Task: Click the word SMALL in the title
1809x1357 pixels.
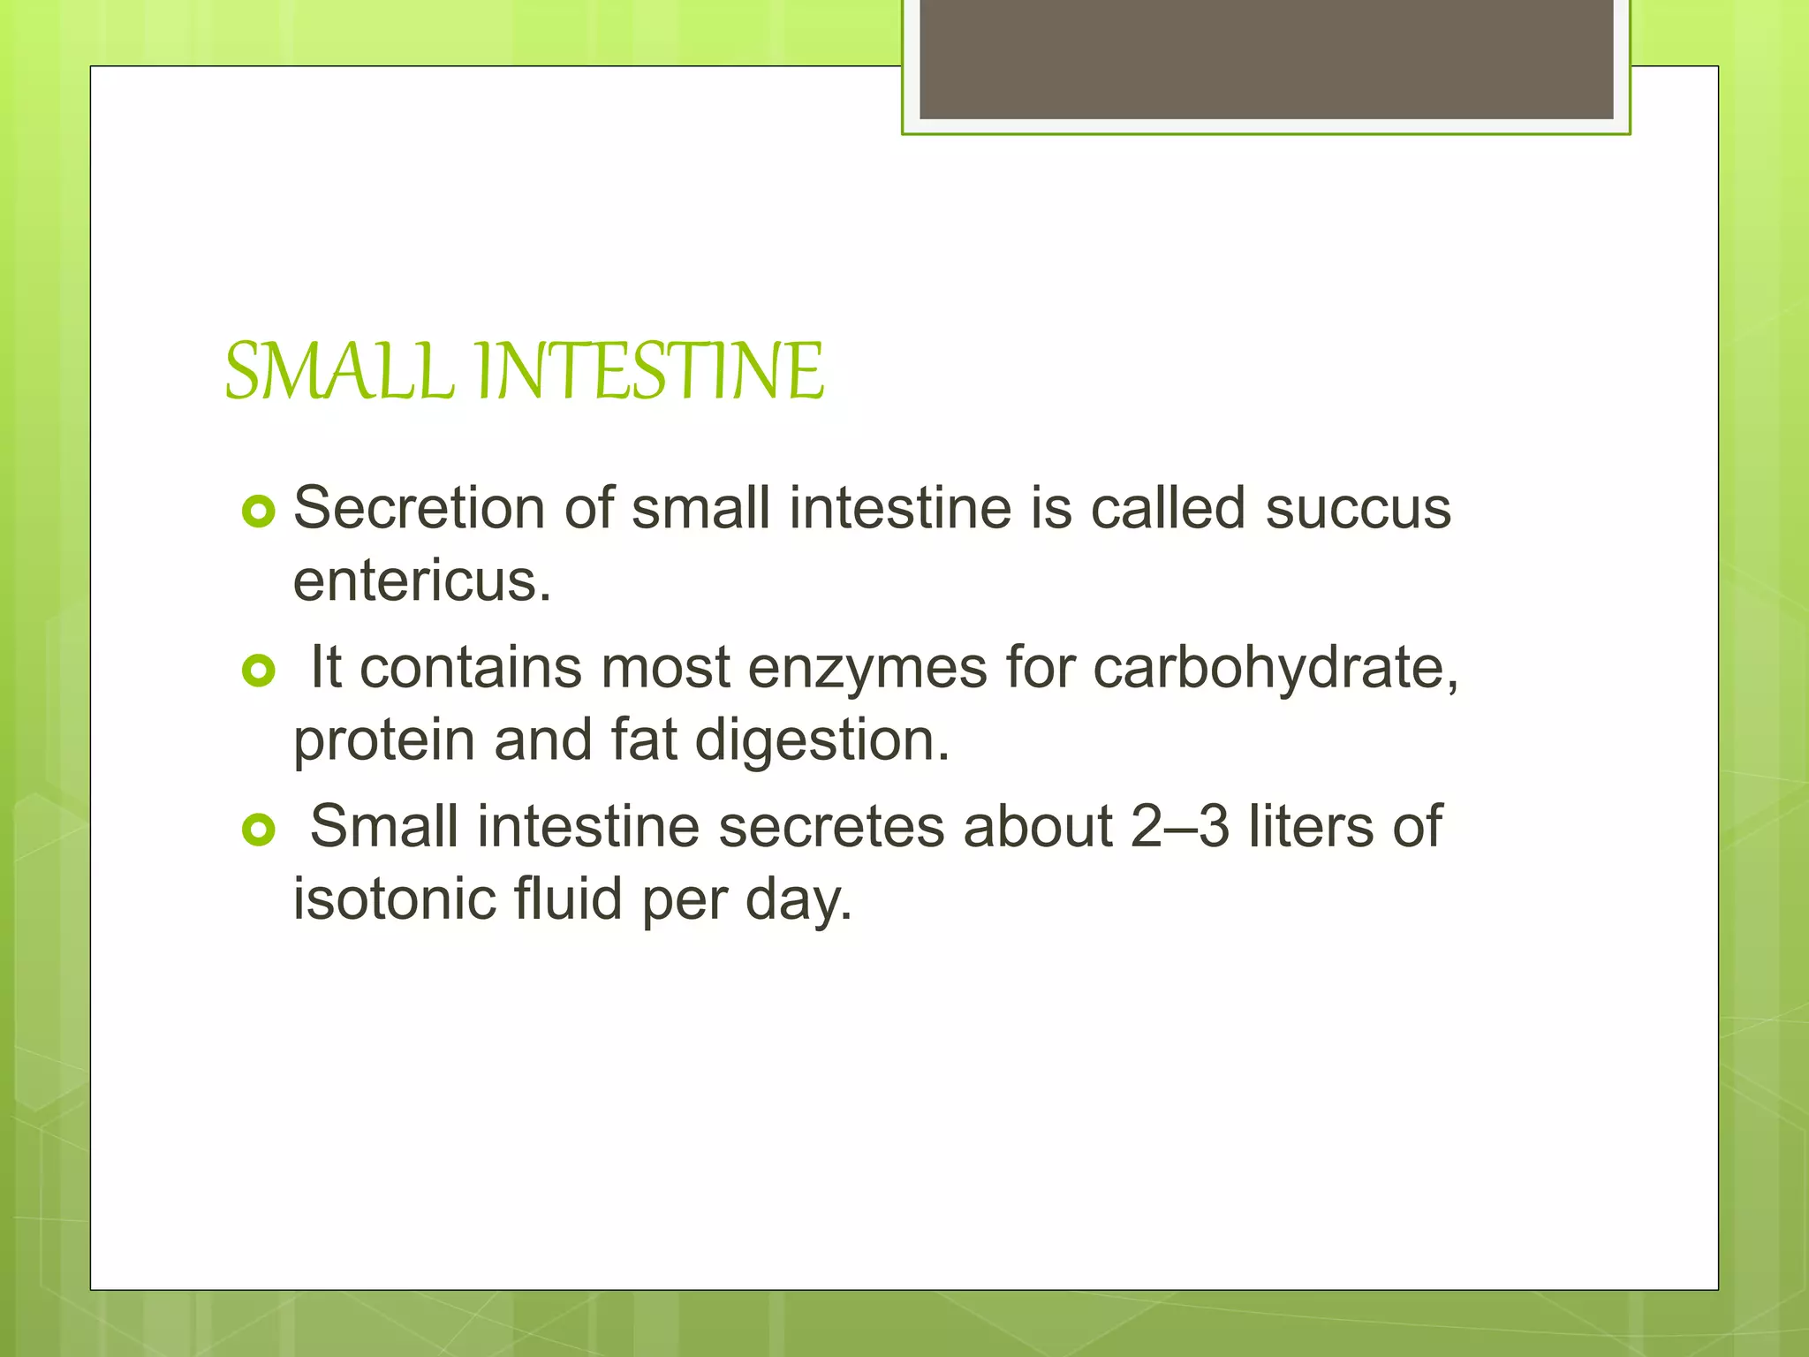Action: [339, 371]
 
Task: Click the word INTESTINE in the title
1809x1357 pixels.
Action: [650, 371]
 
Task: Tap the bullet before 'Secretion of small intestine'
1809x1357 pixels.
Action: [259, 512]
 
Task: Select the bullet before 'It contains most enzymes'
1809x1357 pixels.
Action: [259, 671]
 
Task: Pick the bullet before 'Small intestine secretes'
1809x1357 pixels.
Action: [259, 830]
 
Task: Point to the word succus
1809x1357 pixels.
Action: [1359, 509]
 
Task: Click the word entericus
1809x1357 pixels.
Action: [422, 581]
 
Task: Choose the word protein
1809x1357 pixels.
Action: [384, 740]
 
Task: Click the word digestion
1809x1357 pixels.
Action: [821, 740]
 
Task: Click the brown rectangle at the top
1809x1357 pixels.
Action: [1266, 58]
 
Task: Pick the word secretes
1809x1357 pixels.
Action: [831, 827]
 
